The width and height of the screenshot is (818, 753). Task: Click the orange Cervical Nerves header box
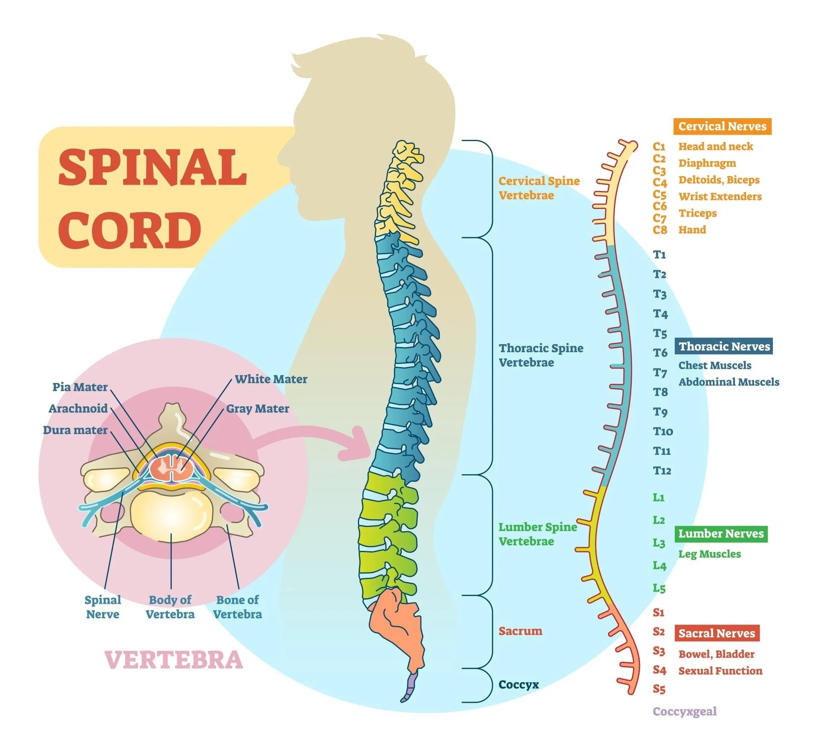(x=722, y=127)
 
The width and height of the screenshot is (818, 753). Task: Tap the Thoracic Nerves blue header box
(x=724, y=346)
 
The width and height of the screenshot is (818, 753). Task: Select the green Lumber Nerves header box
(x=721, y=533)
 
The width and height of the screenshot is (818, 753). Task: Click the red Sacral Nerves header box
(x=717, y=633)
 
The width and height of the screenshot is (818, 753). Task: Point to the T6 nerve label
(x=660, y=353)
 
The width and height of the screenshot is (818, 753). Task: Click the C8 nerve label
(x=660, y=230)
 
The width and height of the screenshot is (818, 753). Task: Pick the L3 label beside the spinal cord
(x=659, y=543)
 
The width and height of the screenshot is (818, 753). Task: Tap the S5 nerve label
(x=659, y=689)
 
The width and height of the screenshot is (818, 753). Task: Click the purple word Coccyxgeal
(x=685, y=711)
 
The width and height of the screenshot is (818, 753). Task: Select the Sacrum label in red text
(x=520, y=631)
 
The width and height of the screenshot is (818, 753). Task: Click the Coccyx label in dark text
(x=518, y=684)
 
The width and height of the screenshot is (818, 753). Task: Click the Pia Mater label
(x=80, y=387)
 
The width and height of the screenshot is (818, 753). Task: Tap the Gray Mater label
(x=257, y=408)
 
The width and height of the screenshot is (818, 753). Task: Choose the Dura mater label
(x=75, y=430)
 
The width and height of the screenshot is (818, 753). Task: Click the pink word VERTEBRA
(x=174, y=660)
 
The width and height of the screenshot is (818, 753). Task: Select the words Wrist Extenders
(x=720, y=197)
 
